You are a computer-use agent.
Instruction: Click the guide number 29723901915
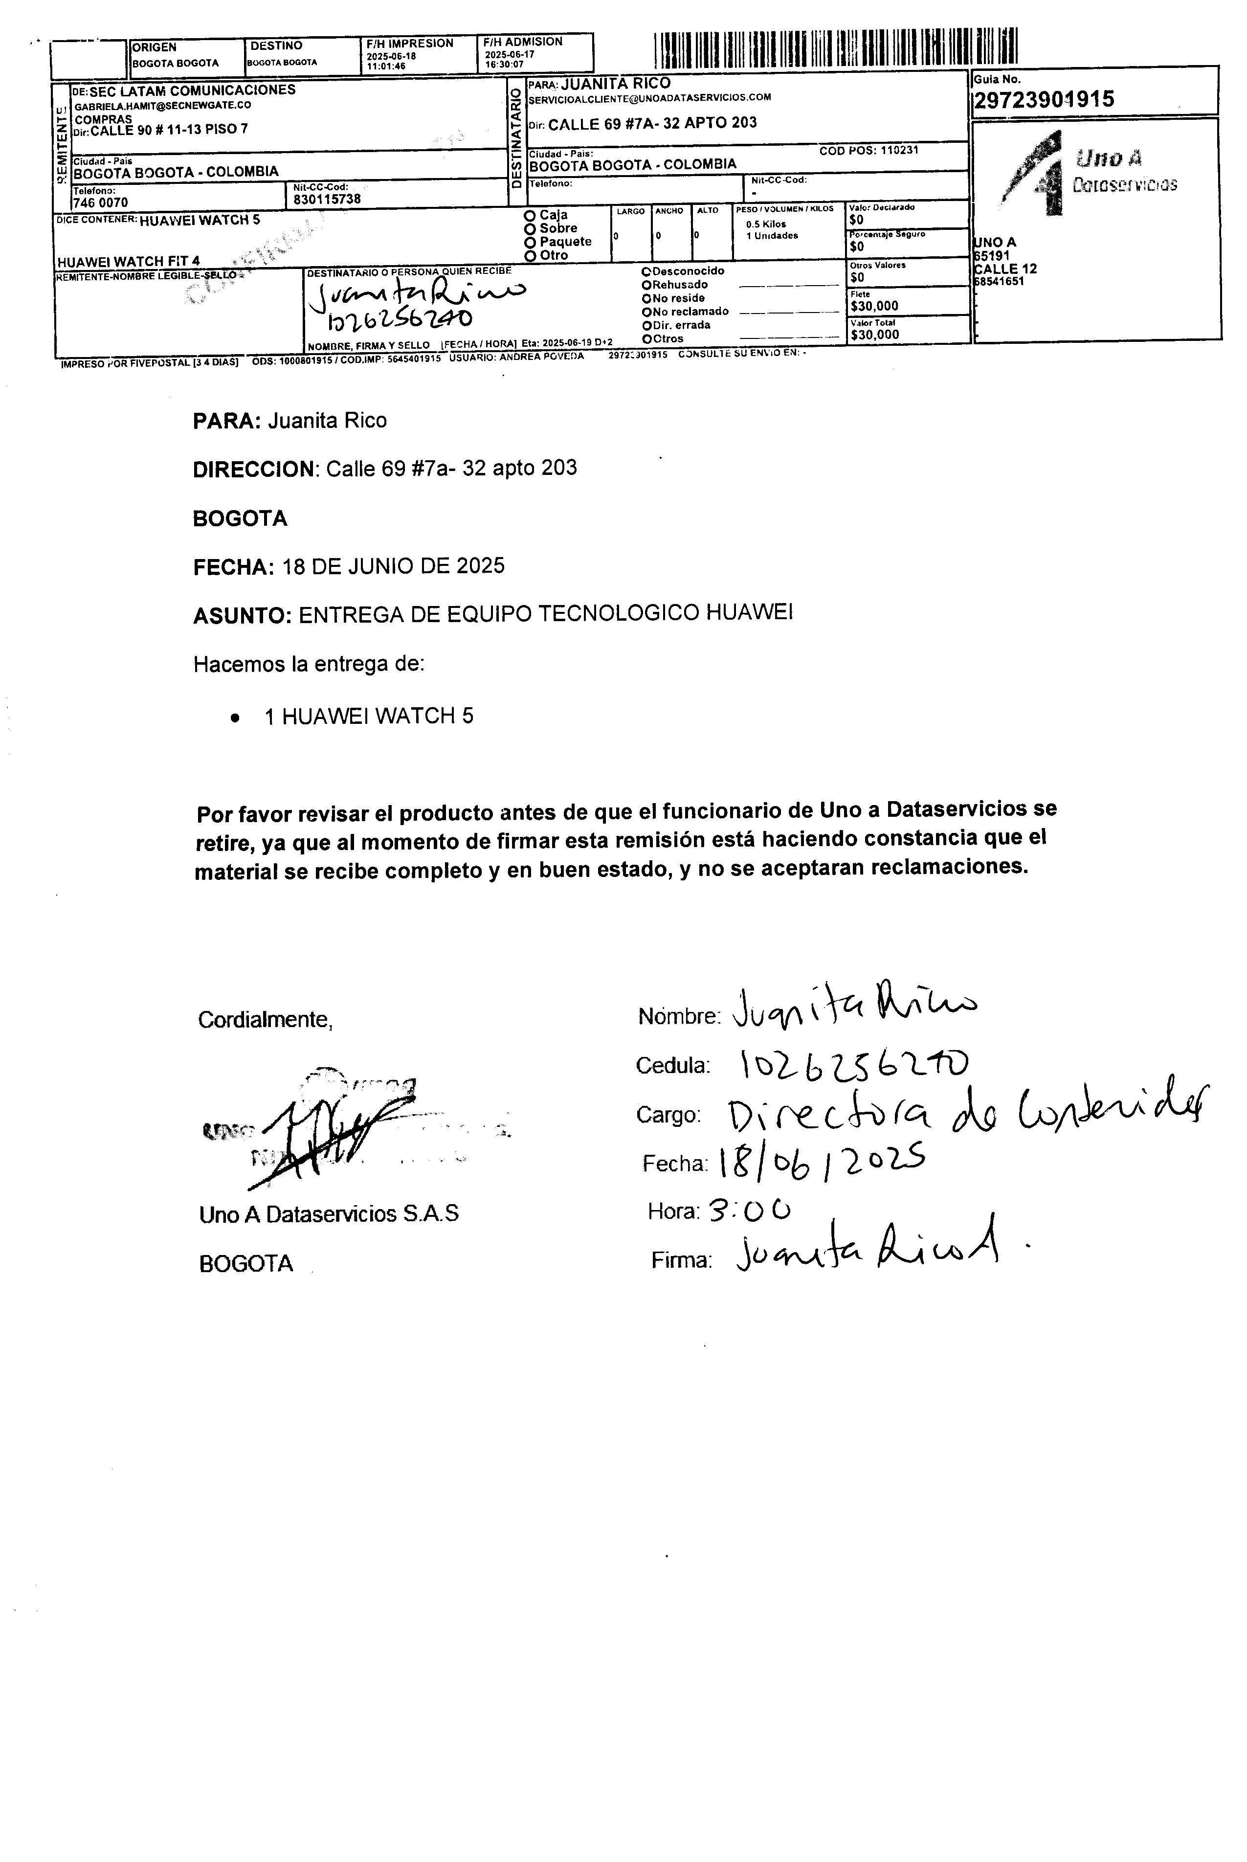pyautogui.click(x=1044, y=100)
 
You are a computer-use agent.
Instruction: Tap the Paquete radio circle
pyautogui.click(x=530, y=242)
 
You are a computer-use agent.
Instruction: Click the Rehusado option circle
pyautogui.click(x=646, y=285)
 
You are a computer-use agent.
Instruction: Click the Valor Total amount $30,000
pyautogui.click(x=875, y=335)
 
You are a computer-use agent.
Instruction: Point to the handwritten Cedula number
pyautogui.click(x=854, y=1063)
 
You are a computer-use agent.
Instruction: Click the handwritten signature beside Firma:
pyautogui.click(x=867, y=1256)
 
